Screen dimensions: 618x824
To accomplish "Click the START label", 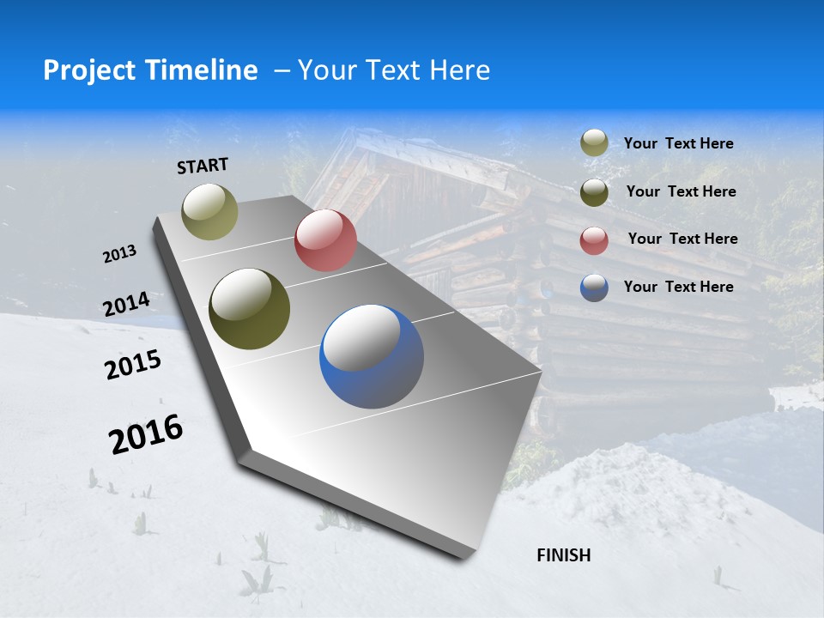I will tap(203, 166).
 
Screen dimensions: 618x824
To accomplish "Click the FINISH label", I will tap(564, 555).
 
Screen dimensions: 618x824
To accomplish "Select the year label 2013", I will tap(120, 254).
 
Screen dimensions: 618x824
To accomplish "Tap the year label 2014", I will tap(126, 304).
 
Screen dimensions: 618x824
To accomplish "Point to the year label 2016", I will tap(146, 434).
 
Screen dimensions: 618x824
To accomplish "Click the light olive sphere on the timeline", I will tap(210, 211).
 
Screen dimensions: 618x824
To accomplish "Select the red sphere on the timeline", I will tap(325, 240).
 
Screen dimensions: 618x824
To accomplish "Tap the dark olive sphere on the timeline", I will tap(250, 309).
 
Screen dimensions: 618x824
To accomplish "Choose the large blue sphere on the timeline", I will tap(372, 356).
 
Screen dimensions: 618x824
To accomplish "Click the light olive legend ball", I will tap(594, 143).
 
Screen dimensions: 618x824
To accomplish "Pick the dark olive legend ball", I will tap(594, 192).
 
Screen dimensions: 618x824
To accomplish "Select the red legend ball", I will tap(594, 240).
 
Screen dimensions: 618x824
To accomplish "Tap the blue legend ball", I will tap(594, 288).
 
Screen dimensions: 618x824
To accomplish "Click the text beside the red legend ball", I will tap(682, 239).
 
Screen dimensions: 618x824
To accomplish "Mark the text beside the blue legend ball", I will tap(678, 287).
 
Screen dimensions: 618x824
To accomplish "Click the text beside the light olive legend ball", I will tap(678, 143).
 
